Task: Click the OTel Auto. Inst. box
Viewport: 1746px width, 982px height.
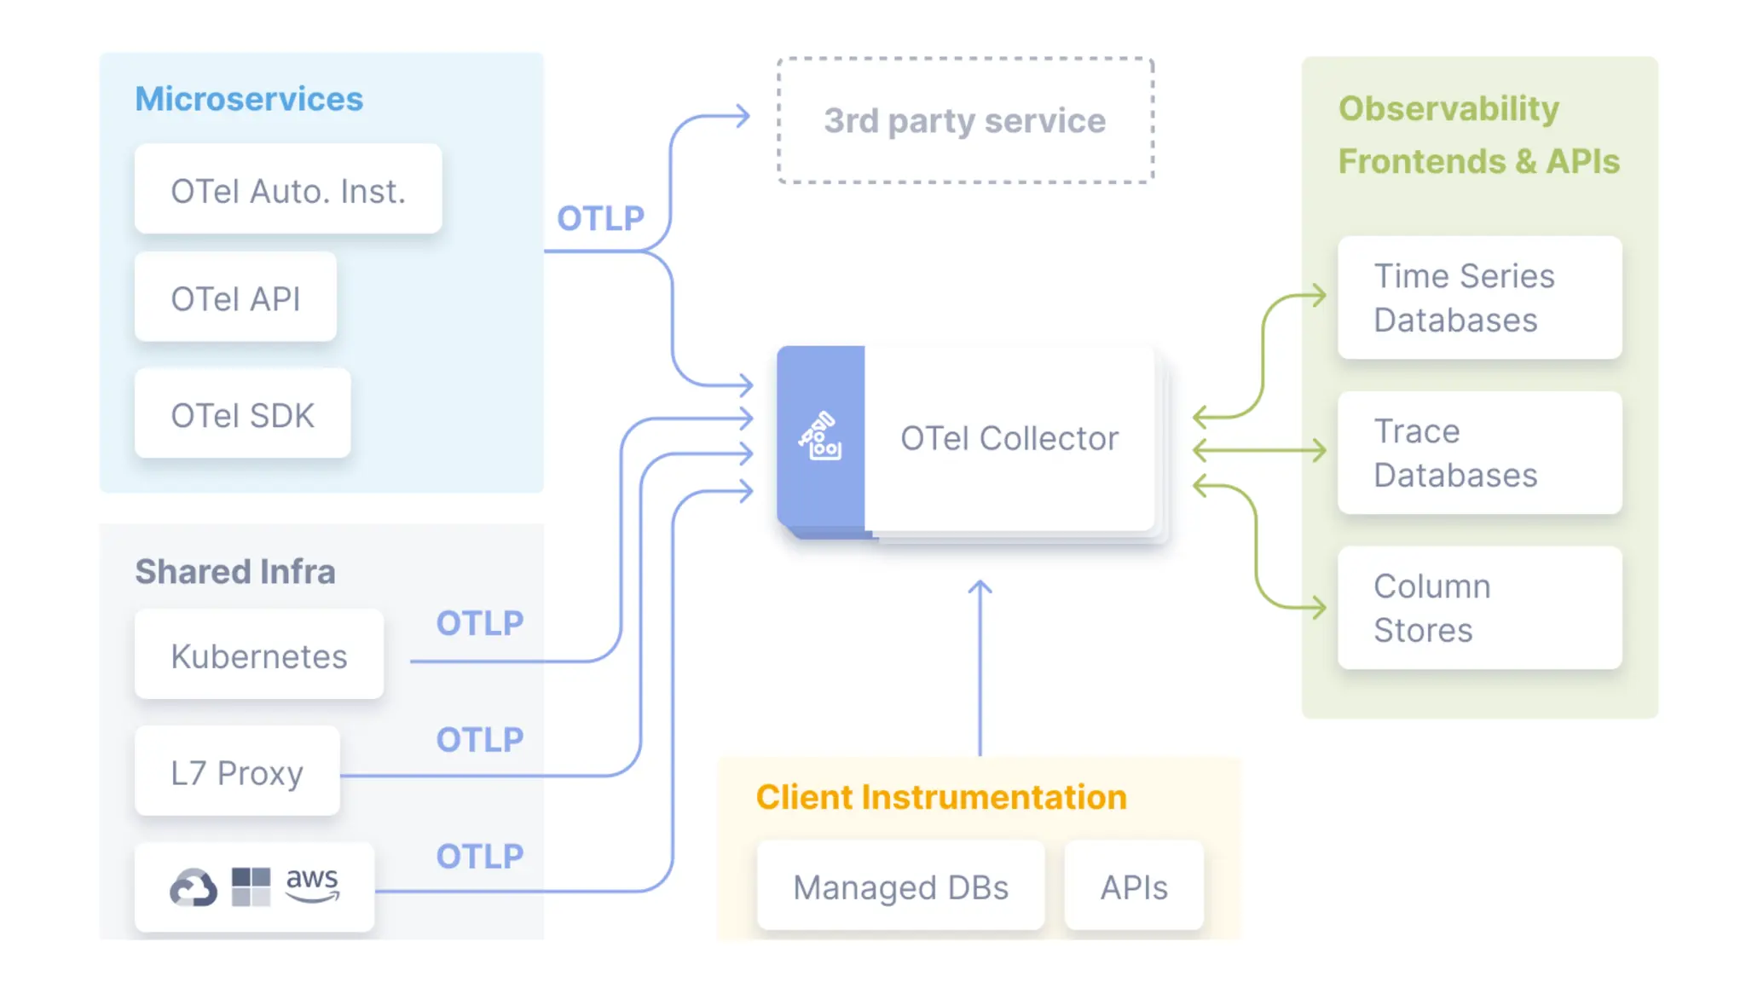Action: [288, 189]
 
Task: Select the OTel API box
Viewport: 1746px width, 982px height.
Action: [235, 297]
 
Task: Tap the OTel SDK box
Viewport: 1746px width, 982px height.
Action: [242, 413]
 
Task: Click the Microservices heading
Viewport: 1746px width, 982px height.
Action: [249, 99]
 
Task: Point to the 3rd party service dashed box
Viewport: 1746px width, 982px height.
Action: [965, 120]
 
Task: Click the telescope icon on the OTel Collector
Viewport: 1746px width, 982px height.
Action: [820, 436]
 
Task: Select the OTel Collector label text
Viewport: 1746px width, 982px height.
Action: [1009, 438]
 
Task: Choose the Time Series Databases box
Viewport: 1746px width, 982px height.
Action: [1480, 297]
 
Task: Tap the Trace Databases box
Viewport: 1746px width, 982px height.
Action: [1480, 453]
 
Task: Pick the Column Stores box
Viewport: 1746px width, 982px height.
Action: [1480, 608]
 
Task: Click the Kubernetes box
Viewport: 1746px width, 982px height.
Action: [259, 655]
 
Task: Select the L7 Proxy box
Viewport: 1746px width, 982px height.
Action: [237, 771]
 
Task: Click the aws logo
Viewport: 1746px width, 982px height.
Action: [313, 884]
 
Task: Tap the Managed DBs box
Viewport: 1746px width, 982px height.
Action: [901, 886]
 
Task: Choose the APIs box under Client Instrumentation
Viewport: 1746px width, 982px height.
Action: [1134, 886]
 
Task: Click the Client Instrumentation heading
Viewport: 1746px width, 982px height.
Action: [941, 797]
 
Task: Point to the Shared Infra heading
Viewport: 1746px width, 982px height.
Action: [235, 571]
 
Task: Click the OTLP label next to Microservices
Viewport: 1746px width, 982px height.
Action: [601, 218]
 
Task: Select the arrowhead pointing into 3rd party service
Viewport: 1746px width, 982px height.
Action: [743, 115]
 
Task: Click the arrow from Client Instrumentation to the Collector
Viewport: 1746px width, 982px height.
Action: [980, 668]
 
